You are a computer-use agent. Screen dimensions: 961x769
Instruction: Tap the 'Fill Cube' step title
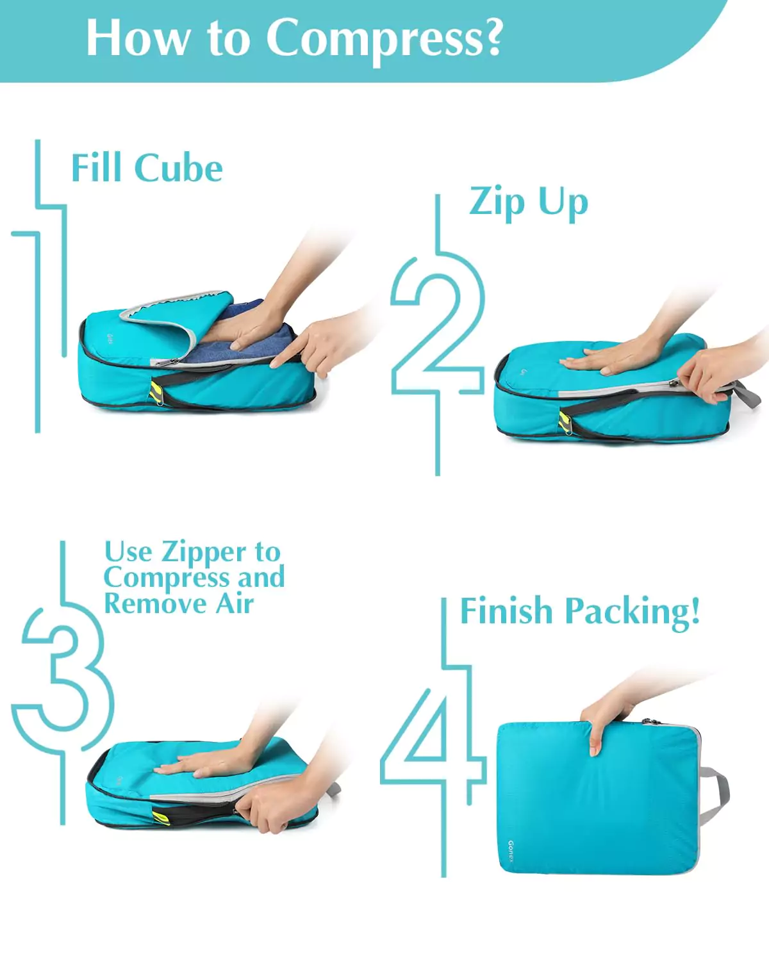coord(147,168)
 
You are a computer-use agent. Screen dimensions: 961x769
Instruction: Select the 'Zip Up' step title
coord(528,202)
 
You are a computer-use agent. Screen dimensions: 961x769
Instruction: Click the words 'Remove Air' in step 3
coord(179,604)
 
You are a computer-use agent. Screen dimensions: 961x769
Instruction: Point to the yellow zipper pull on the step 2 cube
coord(563,422)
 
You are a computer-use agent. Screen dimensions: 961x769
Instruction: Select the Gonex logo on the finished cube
coord(511,851)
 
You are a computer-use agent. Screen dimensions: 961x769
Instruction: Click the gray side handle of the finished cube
coord(715,794)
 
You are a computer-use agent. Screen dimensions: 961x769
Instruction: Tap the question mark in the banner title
coord(492,37)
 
